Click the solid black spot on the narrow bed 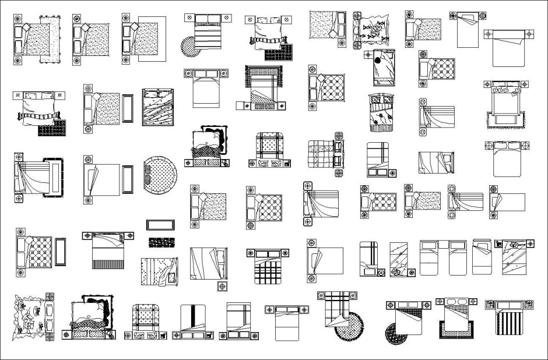378,59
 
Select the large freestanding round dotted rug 160,173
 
